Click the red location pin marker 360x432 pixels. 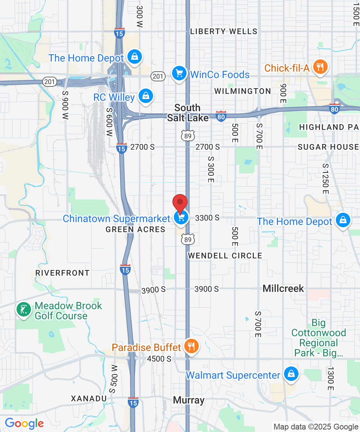point(180,203)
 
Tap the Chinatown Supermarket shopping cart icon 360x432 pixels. point(181,217)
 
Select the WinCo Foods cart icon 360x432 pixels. point(179,73)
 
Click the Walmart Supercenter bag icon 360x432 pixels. point(291,374)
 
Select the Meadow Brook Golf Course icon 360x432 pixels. point(24,310)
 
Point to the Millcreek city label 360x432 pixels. point(283,288)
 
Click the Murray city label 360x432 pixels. point(189,400)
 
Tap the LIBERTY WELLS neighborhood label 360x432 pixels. point(224,31)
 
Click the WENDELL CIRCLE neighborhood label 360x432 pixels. point(225,256)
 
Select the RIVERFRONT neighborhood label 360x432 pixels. point(62,273)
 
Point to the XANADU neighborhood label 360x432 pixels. point(89,399)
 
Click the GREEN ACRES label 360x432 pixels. point(135,229)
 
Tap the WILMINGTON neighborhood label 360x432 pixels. point(243,91)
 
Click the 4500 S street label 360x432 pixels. point(159,359)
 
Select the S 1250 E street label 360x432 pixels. point(326,179)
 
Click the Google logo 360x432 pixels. point(24,423)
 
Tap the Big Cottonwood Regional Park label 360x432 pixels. point(318,338)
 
